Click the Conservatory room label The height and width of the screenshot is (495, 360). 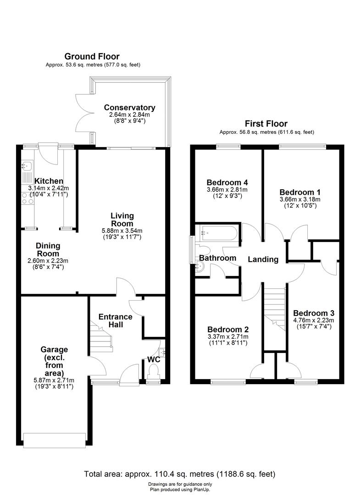[x=129, y=108]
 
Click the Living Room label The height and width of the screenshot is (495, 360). [x=122, y=219]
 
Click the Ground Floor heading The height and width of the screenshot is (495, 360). [x=92, y=56]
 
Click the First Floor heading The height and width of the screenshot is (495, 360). [x=266, y=124]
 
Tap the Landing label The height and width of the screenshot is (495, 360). [x=263, y=259]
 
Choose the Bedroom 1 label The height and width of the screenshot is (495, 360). [x=299, y=192]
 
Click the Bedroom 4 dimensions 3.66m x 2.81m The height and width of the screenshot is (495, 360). [x=227, y=190]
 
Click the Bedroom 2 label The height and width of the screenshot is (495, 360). [x=228, y=330]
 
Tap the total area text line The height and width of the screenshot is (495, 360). [x=179, y=474]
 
